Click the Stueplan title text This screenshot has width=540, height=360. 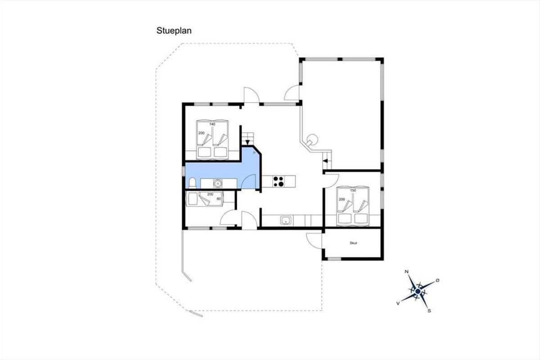coord(174,31)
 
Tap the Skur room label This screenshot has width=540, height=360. coord(353,243)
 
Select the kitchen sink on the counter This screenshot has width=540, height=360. coord(286,220)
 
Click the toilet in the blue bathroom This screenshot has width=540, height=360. coord(193,183)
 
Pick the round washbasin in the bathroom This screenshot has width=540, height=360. coord(218,184)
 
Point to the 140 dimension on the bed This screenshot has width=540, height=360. coord(212,124)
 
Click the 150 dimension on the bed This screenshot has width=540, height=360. coord(353,190)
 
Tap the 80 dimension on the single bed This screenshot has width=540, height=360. coord(219,199)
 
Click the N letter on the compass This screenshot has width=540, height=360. coord(406,272)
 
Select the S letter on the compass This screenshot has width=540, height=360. coord(429,311)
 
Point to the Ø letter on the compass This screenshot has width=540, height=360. coord(437,280)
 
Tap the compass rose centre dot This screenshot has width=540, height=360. coord(418,292)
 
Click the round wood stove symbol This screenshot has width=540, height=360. coord(312,140)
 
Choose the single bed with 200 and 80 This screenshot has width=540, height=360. coord(205,199)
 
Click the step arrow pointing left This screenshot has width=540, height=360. coord(325,161)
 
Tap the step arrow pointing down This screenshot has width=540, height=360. coord(247,142)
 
